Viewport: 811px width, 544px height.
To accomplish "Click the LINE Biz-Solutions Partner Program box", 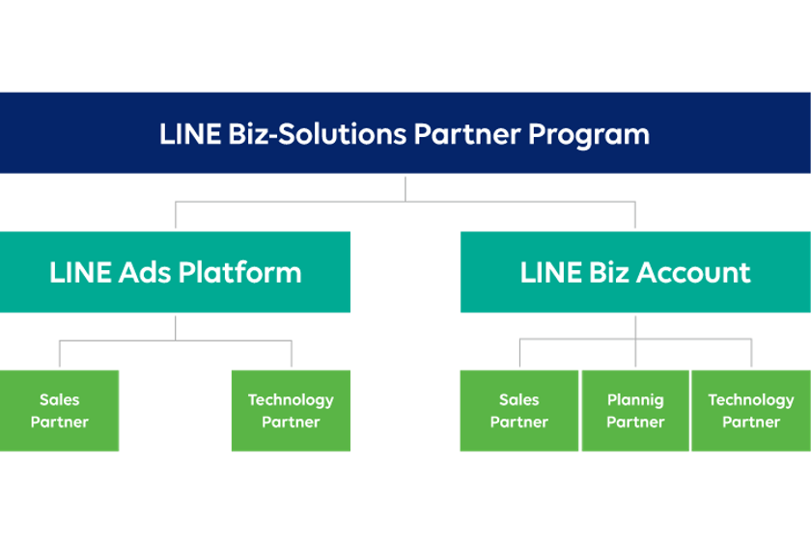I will coord(405,133).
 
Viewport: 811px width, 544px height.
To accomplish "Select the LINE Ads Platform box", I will coord(175,272).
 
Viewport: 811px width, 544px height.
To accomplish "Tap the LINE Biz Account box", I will coord(634,272).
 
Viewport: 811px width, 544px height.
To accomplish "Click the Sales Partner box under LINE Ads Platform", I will coord(60,411).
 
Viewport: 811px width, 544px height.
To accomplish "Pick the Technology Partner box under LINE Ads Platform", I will coord(291,411).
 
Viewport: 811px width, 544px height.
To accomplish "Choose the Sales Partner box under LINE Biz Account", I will coord(518,411).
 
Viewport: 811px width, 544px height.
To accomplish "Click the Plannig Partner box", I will coord(635,411).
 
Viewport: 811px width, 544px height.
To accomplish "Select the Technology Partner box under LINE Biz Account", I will coord(751,411).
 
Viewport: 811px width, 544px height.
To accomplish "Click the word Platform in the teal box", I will coord(241,273).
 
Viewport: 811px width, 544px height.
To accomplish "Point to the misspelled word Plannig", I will coord(635,400).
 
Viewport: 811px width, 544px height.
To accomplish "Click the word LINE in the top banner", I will coord(190,134).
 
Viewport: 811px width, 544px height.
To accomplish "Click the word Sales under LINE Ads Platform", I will coord(60,400).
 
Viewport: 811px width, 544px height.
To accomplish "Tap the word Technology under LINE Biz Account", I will coord(751,400).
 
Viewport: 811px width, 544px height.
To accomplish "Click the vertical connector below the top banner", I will coord(405,188).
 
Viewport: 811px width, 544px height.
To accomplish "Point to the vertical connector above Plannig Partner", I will coord(635,353).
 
